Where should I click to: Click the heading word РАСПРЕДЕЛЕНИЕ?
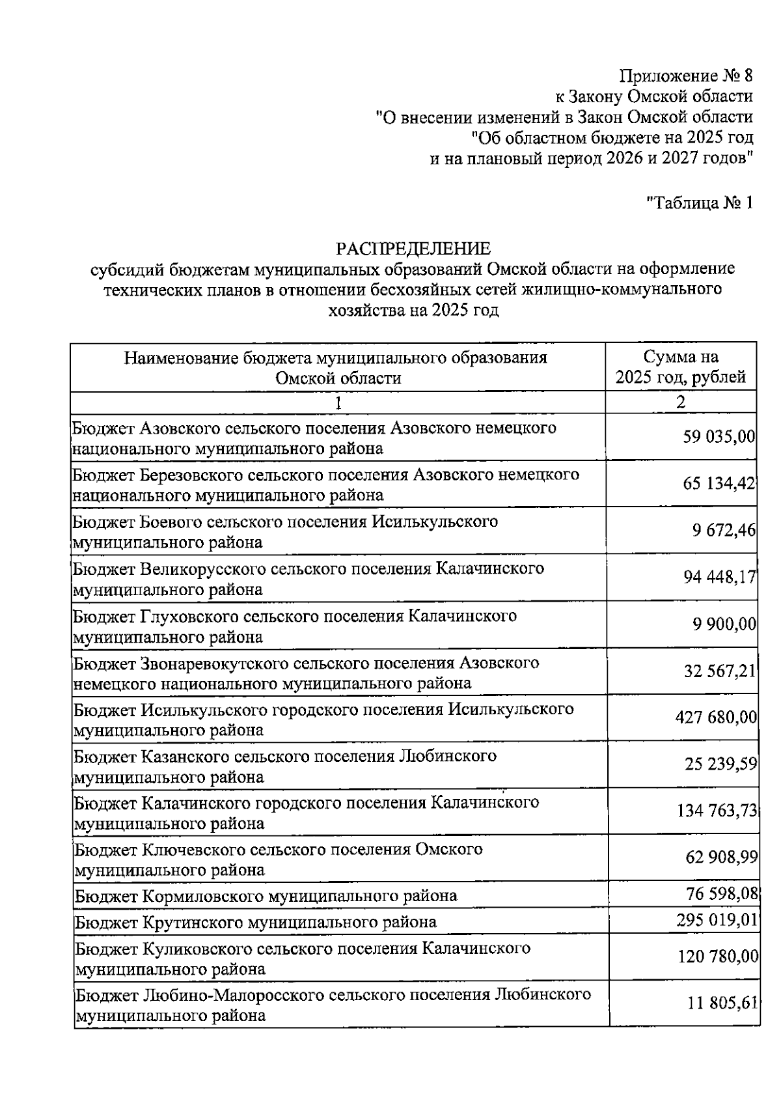click(413, 249)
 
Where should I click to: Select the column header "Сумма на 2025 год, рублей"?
click(681, 367)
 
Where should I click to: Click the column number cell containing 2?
click(680, 402)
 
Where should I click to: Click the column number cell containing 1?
click(338, 402)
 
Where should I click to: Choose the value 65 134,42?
click(719, 484)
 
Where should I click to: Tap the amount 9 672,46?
click(724, 530)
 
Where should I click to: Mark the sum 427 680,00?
click(716, 718)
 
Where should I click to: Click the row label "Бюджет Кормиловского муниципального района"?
click(266, 896)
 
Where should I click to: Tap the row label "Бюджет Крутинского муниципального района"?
click(255, 922)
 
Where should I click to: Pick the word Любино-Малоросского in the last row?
click(232, 994)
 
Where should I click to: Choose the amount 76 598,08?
click(721, 894)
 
